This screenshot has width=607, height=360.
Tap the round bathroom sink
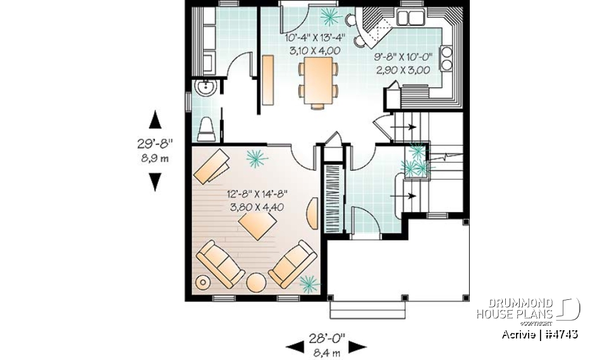(x=205, y=88)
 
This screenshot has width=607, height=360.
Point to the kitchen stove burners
(x=446, y=58)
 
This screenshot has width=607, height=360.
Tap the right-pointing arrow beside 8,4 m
(x=358, y=346)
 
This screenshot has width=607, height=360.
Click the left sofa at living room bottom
(x=219, y=263)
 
